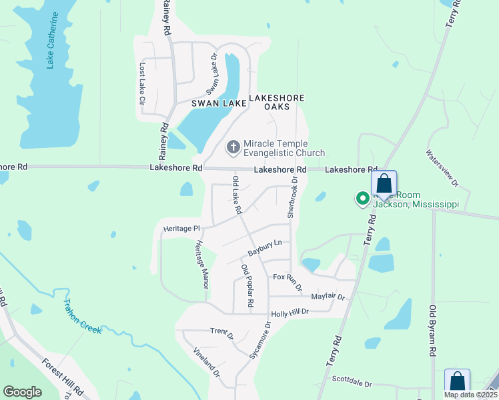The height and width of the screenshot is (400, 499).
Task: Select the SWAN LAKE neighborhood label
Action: pos(216,103)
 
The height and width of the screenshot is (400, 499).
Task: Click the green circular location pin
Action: pos(363,199)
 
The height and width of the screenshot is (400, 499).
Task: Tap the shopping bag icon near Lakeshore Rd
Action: pos(384,183)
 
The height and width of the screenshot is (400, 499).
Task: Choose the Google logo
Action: pos(22,391)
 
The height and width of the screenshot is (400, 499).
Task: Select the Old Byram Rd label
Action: pos(433,330)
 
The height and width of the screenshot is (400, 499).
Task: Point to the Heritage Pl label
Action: pos(181,229)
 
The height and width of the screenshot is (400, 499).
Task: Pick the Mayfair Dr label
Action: pos(328,296)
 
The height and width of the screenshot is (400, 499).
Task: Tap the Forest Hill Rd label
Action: pos(62,377)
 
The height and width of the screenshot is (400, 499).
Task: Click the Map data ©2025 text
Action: pos(469,395)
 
